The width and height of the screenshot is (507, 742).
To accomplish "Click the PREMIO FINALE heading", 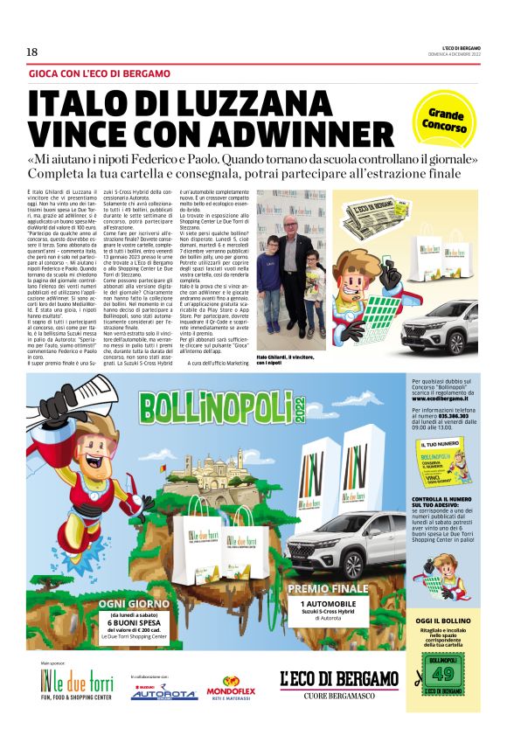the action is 328,588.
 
